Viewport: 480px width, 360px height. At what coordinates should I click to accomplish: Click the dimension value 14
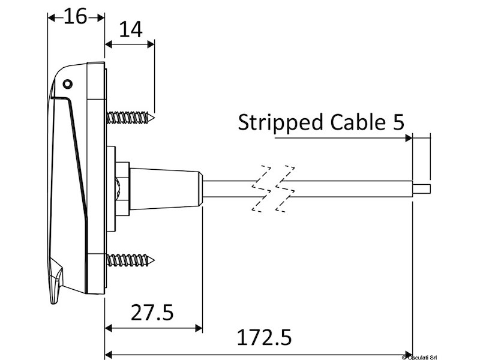tap(131, 29)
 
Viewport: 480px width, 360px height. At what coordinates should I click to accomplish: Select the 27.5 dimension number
tap(152, 312)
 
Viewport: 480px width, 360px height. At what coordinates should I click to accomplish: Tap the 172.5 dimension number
tap(265, 337)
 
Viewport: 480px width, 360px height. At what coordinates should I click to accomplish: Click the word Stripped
tap(280, 122)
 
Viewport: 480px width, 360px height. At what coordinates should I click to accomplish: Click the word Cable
tap(358, 122)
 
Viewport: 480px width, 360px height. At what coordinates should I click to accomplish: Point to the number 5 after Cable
tap(398, 122)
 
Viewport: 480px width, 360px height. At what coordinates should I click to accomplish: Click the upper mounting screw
tap(131, 118)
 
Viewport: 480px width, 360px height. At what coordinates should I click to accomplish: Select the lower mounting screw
tap(131, 260)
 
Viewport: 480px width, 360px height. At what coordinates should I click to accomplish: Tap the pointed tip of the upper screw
tap(154, 118)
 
